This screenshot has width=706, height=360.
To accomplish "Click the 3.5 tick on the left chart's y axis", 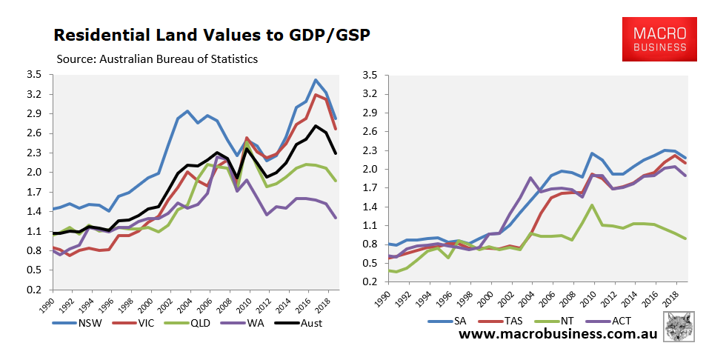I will [33, 75].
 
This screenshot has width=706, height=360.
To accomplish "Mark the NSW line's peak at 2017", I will [316, 80].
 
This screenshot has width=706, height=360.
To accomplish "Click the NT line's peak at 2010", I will [592, 205].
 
